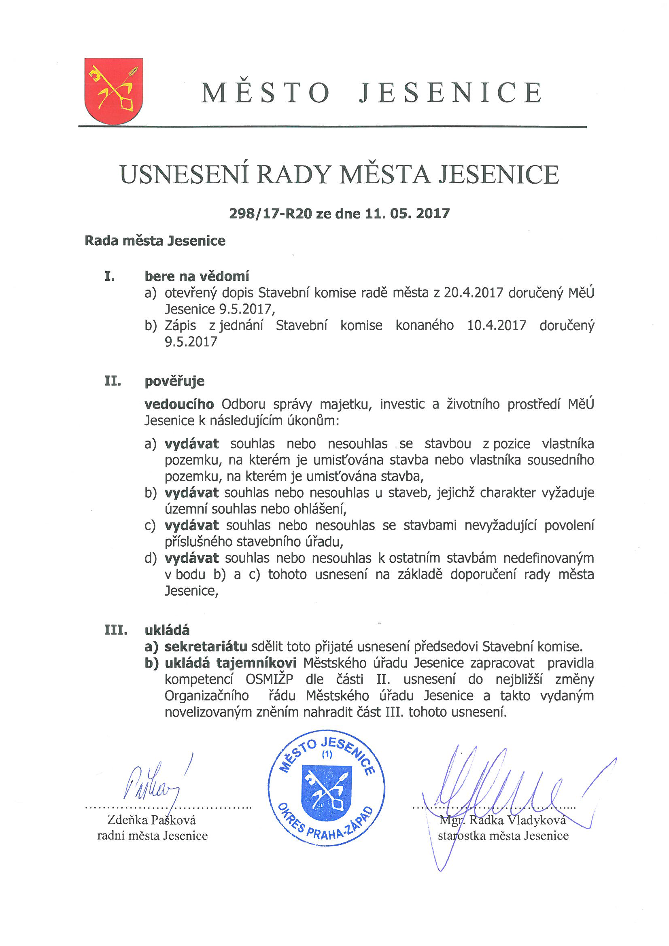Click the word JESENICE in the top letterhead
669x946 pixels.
(450, 93)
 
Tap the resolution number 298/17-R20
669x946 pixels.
(270, 213)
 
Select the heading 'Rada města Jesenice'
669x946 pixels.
(155, 241)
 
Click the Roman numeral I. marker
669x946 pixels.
(109, 276)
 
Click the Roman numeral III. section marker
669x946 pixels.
(115, 630)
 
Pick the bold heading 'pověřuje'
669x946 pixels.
(174, 381)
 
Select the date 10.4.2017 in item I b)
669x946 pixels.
(496, 325)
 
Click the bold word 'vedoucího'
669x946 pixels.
(179, 404)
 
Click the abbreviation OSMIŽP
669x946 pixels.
(269, 679)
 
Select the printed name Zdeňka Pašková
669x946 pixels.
(151, 820)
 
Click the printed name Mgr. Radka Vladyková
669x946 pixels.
(503, 820)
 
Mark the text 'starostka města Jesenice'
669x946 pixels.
(503, 836)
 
